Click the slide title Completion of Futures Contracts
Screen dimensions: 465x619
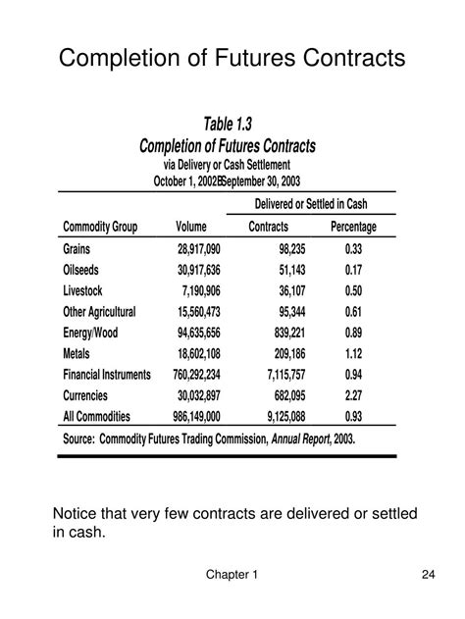tap(232, 59)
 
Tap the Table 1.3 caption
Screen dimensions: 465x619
tap(228, 124)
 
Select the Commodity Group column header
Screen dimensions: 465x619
tap(100, 228)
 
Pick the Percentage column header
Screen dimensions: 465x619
tap(353, 228)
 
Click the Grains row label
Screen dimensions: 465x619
tap(79, 249)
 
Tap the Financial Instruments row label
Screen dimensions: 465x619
tap(107, 375)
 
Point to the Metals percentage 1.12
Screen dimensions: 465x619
tap(354, 353)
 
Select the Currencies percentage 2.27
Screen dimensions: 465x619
tap(354, 395)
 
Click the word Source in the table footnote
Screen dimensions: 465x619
tap(83, 439)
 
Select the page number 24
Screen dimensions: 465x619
tap(428, 575)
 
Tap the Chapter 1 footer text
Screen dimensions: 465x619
tap(232, 575)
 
